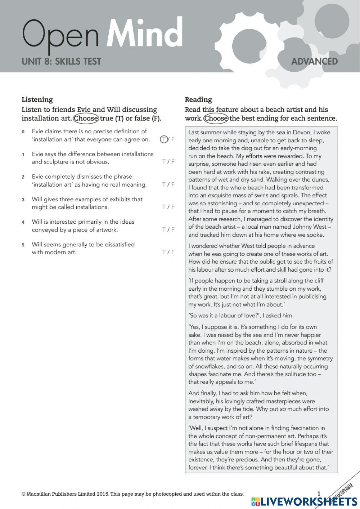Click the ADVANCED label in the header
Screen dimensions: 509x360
point(314,62)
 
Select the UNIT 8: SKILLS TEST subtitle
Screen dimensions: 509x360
point(61,62)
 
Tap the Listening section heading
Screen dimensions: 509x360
point(37,99)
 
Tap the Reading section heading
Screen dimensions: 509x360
point(198,99)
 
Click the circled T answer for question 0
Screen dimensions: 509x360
point(164,139)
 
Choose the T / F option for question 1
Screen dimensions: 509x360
point(168,162)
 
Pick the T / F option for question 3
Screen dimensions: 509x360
point(168,207)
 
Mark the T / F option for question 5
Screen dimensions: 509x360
point(168,252)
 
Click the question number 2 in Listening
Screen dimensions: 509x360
point(23,177)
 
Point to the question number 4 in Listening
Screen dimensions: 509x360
point(23,222)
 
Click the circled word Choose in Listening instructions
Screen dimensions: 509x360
point(86,119)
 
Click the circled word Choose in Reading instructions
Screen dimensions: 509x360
point(216,119)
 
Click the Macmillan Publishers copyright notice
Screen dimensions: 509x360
point(132,494)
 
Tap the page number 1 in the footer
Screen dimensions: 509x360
point(319,494)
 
